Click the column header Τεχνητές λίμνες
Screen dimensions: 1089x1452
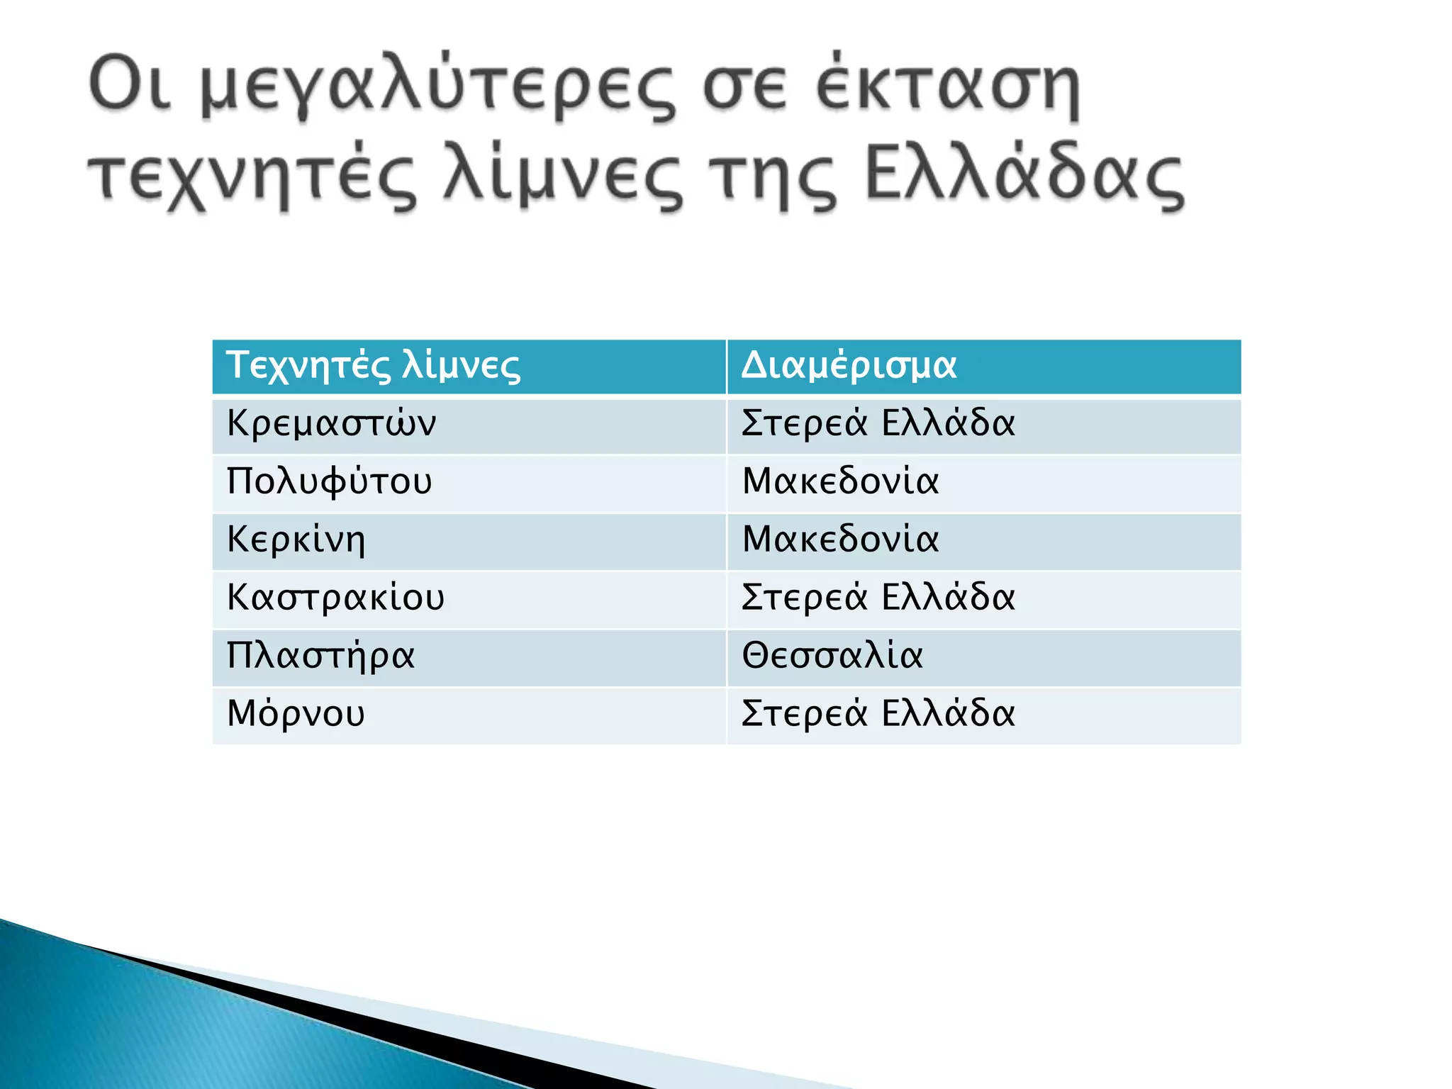[x=374, y=366]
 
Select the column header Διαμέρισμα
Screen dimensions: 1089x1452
[x=849, y=366]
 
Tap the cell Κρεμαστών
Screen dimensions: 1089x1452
[x=331, y=424]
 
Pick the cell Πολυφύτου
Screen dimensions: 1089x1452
[x=329, y=482]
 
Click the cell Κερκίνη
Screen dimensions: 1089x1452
[x=296, y=540]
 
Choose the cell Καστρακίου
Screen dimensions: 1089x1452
[x=335, y=598]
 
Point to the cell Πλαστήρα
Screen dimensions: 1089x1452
[x=320, y=657]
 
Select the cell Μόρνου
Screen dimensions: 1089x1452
[x=296, y=714]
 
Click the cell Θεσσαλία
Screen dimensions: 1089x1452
[x=832, y=657]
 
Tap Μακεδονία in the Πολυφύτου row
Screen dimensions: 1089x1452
[x=840, y=482]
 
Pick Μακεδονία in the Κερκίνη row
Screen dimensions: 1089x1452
[x=840, y=540]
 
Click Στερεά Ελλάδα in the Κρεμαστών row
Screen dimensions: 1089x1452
[x=878, y=424]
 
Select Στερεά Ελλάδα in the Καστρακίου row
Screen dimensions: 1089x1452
[x=878, y=598]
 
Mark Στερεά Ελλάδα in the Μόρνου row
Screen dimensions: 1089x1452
[x=878, y=714]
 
